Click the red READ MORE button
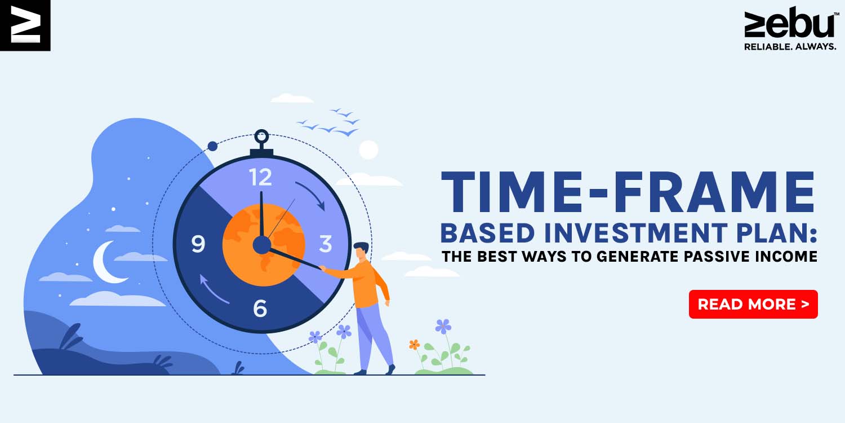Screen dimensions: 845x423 (x=753, y=304)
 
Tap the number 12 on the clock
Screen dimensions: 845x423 (x=260, y=177)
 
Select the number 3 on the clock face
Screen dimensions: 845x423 (x=325, y=244)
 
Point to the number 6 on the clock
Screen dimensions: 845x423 (x=260, y=308)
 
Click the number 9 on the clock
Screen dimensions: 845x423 (x=198, y=244)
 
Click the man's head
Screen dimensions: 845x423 (x=362, y=251)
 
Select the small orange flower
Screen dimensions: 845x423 (x=414, y=345)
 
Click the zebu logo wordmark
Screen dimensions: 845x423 (x=789, y=24)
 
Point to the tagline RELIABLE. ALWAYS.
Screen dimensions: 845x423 (x=790, y=47)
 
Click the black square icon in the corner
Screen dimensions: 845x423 (x=25, y=25)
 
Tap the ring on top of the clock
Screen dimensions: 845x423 (x=261, y=136)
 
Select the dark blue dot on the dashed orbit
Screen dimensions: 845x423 (x=213, y=146)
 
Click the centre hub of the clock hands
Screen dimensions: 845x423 (x=262, y=245)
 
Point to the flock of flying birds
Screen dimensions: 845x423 (x=328, y=122)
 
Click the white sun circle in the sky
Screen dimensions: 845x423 (x=368, y=150)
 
